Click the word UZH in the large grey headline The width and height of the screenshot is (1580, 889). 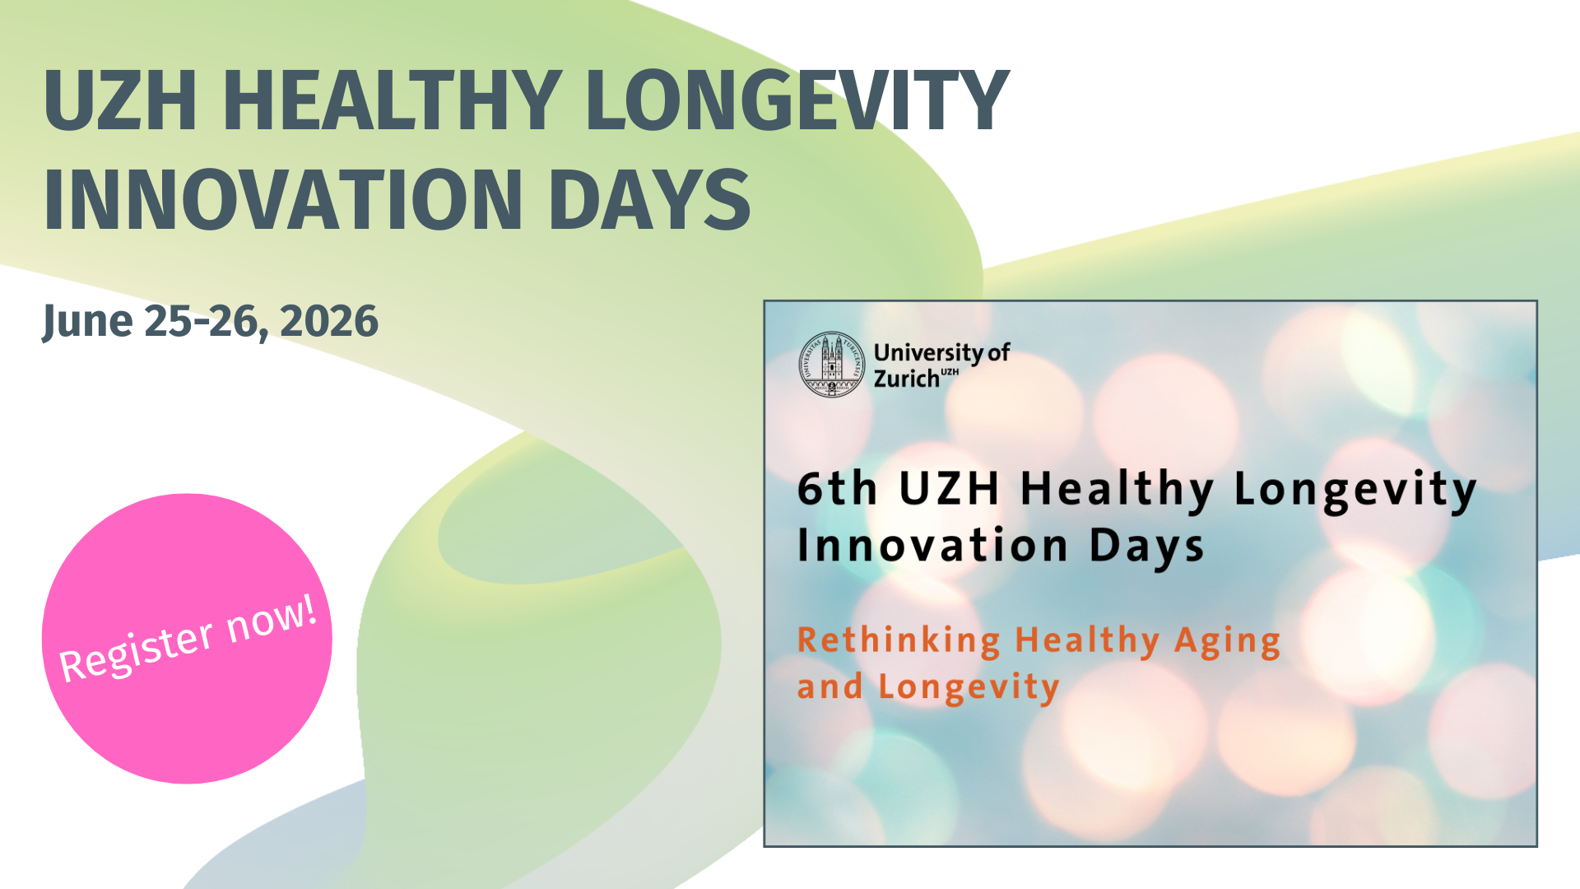click(120, 100)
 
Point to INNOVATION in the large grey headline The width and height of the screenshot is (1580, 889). click(283, 200)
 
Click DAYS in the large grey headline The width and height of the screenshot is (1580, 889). click(649, 200)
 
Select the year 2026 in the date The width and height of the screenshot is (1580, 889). click(329, 321)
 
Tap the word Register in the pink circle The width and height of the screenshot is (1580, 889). click(137, 653)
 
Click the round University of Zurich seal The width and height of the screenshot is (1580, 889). click(832, 365)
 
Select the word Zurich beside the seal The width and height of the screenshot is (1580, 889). click(906, 379)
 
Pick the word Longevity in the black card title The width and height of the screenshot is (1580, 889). click(1355, 492)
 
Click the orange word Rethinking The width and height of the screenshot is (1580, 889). click(899, 640)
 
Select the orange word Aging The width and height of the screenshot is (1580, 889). click(1227, 642)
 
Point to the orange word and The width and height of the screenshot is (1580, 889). click(830, 686)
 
